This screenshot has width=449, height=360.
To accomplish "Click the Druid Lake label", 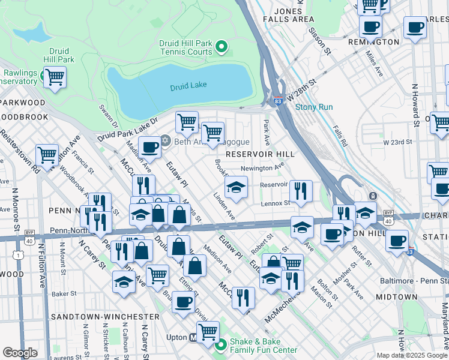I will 188,87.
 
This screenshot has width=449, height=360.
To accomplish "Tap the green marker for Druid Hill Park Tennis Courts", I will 221,47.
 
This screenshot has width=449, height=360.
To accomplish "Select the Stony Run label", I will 313,108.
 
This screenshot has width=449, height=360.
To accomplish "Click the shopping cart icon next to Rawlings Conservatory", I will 55,77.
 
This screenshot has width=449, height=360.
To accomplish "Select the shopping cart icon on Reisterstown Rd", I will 47,155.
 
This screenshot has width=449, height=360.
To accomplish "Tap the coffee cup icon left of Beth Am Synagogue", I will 149,146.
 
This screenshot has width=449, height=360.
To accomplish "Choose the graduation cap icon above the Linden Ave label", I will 237,187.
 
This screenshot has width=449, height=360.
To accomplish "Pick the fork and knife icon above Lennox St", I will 301,191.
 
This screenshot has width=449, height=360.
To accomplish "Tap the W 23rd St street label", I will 398,142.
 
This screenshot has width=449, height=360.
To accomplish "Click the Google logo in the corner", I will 20,352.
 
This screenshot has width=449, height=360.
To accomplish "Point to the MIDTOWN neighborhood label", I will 396,297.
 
